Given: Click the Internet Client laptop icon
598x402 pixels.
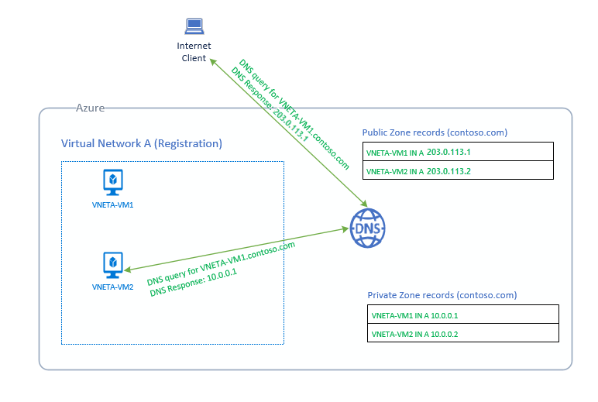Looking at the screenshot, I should coord(194,27).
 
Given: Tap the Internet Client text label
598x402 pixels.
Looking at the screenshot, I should coord(194,52).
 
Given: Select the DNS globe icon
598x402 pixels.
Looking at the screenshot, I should coord(368,229).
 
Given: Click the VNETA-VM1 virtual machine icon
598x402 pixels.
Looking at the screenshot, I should coord(113,181).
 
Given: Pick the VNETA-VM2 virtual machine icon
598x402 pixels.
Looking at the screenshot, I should coord(113,264).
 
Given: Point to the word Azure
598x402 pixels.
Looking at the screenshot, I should coord(90,108).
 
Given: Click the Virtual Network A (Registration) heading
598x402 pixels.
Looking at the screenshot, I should coord(142,144).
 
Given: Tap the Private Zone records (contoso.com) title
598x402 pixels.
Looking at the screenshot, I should coord(442,295).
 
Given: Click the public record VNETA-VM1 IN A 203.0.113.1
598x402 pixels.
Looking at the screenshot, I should coord(418,152).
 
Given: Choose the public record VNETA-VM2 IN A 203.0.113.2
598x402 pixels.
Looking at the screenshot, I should coord(418,170).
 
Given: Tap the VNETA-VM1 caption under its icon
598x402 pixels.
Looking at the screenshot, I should coord(113,204).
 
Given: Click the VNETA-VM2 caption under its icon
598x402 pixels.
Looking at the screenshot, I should coord(113,287).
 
